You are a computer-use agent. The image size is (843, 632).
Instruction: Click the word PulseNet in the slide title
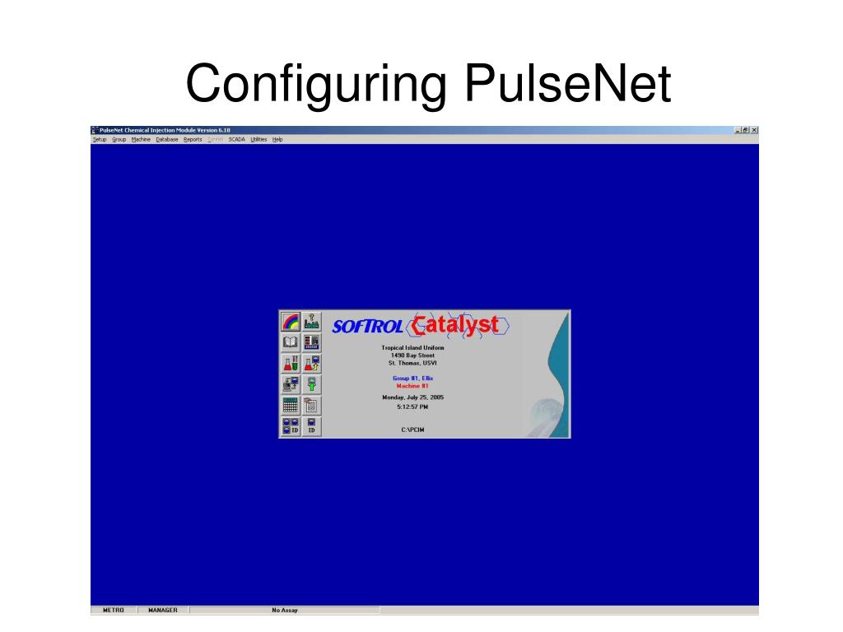567,85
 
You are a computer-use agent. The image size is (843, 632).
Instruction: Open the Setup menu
100,140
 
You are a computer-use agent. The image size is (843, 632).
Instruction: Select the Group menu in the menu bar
119,140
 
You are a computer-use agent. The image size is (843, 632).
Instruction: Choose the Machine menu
141,140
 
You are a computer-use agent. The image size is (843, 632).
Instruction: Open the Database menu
167,140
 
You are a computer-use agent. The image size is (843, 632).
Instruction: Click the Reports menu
193,140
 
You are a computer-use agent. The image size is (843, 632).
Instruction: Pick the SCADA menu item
236,140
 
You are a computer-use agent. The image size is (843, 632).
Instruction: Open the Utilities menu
258,140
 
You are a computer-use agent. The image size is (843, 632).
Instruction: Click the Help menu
277,140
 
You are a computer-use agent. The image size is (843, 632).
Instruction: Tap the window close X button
754,130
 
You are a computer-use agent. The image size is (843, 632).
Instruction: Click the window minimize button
738,130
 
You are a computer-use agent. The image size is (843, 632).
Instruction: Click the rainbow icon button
290,322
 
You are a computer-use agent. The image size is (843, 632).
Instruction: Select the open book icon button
290,342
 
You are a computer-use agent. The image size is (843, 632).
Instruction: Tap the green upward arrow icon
312,384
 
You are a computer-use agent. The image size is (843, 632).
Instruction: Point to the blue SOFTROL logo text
367,327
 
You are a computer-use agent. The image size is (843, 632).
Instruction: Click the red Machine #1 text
412,385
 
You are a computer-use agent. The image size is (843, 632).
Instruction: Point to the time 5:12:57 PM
412,407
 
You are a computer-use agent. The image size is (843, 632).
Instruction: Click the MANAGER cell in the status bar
163,611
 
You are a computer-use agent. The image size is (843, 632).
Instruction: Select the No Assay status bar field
285,611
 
